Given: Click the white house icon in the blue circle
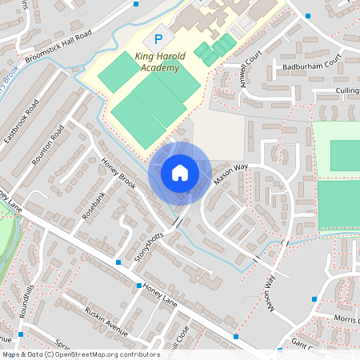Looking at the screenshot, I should coord(179,173).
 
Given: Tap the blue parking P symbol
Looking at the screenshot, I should coord(158,38).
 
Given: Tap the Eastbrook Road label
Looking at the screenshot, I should coord(22,122).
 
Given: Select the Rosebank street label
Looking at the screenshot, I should coord(94,204).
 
